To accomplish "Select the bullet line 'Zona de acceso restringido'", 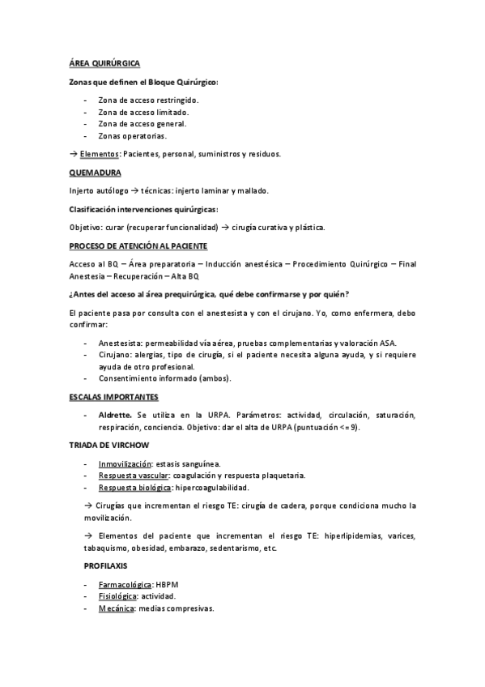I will pos(147,100).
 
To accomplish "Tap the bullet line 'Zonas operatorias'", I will pos(133,136).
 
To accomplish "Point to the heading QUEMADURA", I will pos(96,173).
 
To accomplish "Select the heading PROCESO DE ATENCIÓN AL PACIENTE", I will pos(138,245).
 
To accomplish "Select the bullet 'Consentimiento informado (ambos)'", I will pos(164,378).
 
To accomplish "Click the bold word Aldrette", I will pos(115,415).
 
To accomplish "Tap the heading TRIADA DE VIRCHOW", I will pos(108,446).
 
